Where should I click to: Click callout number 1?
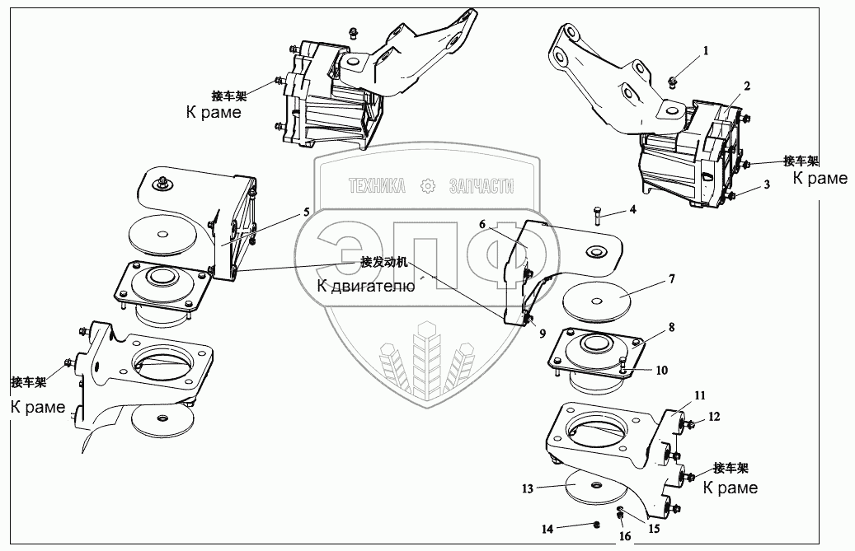tap(705, 51)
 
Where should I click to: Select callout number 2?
tap(746, 85)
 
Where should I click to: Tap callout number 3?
tap(767, 186)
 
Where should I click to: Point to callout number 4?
tap(632, 210)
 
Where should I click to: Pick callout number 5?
tap(306, 212)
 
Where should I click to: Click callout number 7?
tap(672, 279)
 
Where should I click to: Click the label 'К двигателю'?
tap(365, 287)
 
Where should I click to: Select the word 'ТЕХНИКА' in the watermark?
tap(377, 187)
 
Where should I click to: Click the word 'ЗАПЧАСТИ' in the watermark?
tap(480, 187)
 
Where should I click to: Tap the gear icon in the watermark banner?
tap(428, 186)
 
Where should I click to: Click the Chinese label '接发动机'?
tap(384, 264)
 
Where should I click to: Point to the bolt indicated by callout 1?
tap(673, 80)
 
